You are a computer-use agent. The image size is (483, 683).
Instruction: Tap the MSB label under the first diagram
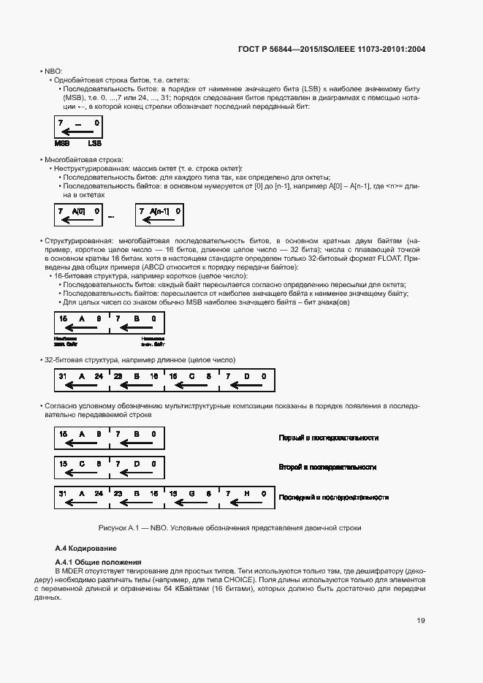click(62, 144)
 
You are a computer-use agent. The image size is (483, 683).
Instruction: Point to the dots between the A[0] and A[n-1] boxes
click(112, 217)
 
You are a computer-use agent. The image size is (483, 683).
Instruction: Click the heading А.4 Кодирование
click(86, 547)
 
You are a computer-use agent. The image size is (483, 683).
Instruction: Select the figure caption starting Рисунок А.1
click(230, 527)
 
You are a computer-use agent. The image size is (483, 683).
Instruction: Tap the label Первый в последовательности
click(328, 438)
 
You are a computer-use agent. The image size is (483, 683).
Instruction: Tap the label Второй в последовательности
click(327, 466)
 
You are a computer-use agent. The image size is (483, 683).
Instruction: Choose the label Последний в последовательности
click(333, 497)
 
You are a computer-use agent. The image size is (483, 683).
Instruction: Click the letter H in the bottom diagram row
click(245, 493)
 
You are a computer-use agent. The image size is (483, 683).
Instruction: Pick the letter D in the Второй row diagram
click(135, 463)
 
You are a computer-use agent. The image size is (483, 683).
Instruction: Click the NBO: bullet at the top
click(53, 71)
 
